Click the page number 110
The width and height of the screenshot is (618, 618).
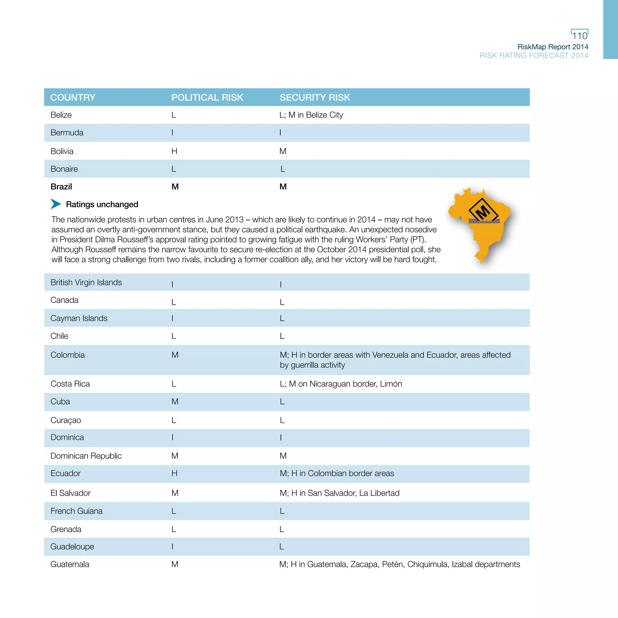pyautogui.click(x=579, y=36)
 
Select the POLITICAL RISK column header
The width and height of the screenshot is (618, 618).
pyautogui.click(x=207, y=97)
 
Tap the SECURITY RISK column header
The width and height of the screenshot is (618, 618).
pyautogui.click(x=315, y=97)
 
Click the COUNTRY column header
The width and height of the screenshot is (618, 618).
pyautogui.click(x=73, y=97)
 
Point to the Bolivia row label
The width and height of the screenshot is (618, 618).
pyautogui.click(x=62, y=151)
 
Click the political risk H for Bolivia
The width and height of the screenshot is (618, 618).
pyautogui.click(x=174, y=151)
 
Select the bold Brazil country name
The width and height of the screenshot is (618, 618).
pyautogui.click(x=61, y=186)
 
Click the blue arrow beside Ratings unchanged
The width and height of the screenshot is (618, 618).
pyautogui.click(x=56, y=204)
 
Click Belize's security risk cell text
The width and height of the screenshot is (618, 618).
pyautogui.click(x=311, y=115)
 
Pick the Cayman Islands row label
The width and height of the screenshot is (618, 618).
pyautogui.click(x=79, y=318)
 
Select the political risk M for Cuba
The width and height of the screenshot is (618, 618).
pyautogui.click(x=175, y=401)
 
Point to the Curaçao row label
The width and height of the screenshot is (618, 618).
pyautogui.click(x=65, y=420)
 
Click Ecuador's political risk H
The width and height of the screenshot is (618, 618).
pyautogui.click(x=174, y=473)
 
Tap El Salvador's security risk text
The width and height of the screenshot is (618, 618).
pyautogui.click(x=339, y=493)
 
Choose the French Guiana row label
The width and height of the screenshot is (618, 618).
pyautogui.click(x=76, y=511)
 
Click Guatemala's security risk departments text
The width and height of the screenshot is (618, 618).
pyautogui.click(x=400, y=564)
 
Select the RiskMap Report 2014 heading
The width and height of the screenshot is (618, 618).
pyautogui.click(x=553, y=47)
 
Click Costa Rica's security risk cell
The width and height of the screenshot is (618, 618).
pyautogui.click(x=341, y=384)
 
